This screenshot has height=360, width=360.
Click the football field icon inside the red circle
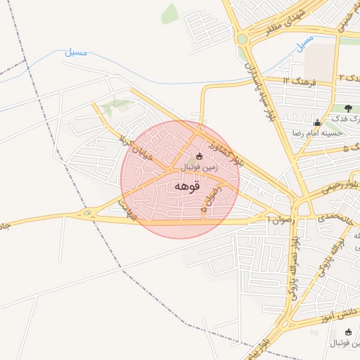click(199, 156)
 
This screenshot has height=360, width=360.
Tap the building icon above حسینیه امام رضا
click(317, 122)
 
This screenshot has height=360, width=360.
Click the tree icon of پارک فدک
click(348, 108)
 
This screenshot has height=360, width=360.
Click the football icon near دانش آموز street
click(347, 331)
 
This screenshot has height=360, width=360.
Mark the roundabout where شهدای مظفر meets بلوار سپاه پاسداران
click(243, 39)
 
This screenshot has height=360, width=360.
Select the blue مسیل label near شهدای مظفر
click(304, 41)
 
